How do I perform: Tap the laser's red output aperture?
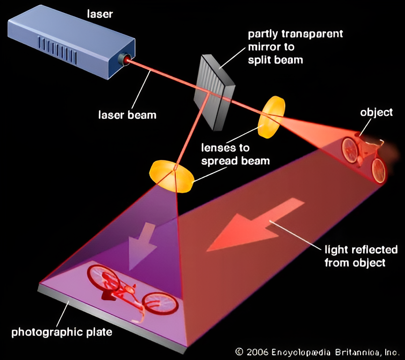(124, 59)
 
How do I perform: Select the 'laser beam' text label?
(127, 114)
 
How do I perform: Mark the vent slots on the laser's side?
(58, 47)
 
